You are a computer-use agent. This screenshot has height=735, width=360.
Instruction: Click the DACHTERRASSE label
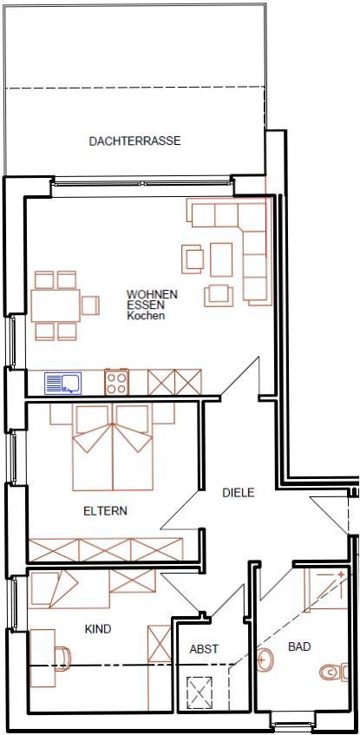[x=134, y=141]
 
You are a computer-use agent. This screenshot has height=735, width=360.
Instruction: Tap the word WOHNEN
[x=153, y=295]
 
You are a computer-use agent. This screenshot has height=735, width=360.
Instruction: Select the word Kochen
[x=146, y=316]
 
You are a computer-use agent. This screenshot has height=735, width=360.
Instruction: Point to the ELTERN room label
[x=105, y=511]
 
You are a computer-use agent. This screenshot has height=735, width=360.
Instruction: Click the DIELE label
[x=239, y=493]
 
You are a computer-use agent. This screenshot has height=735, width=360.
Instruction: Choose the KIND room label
[x=98, y=629]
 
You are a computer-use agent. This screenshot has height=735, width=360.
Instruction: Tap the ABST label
[x=204, y=649]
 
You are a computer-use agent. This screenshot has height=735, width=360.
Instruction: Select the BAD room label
[x=299, y=646]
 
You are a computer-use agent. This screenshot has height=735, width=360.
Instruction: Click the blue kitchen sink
[x=62, y=383]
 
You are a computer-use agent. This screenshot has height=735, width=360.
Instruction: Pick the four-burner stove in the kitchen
[x=116, y=382]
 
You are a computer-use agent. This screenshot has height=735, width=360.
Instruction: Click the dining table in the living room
[x=56, y=305]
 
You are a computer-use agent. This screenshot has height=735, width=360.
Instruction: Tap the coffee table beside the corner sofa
[x=221, y=259]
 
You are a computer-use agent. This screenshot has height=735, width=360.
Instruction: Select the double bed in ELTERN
[x=113, y=448]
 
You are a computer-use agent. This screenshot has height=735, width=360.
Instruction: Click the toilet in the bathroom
[x=334, y=673]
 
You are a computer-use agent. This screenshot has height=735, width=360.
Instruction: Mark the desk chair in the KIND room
[x=62, y=655]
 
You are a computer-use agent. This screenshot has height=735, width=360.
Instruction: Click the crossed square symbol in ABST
[x=200, y=692]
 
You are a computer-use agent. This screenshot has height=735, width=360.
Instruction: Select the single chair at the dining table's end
[x=90, y=305]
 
